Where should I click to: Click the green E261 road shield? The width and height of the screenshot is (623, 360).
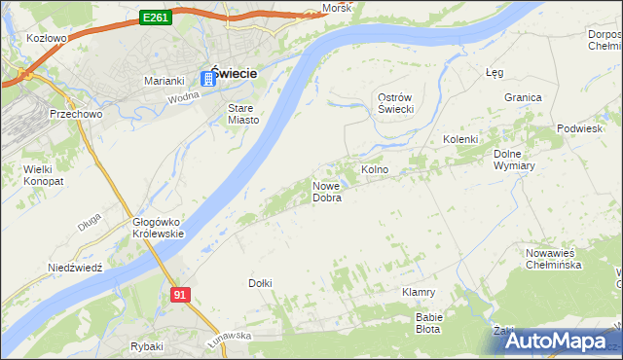tap(156, 18)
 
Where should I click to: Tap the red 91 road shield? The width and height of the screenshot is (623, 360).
tap(179, 294)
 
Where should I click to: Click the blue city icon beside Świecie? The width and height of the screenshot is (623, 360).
tap(206, 77)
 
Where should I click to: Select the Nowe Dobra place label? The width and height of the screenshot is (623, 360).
tap(327, 192)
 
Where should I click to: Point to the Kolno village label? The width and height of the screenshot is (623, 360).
tap(375, 170)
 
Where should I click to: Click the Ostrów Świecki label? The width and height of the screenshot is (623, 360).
tap(396, 102)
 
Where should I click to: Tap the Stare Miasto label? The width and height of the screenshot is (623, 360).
tap(243, 114)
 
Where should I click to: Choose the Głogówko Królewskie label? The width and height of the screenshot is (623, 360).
tap(158, 227)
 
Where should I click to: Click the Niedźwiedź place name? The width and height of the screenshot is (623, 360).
tap(75, 268)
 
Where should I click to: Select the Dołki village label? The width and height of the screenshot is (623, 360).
tap(260, 283)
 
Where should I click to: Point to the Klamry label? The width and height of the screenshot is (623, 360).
tap(419, 292)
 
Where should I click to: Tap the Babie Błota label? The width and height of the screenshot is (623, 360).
tap(429, 322)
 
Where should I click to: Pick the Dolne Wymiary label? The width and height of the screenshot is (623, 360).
tap(515, 160)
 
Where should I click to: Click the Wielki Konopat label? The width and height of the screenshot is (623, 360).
tap(38, 175)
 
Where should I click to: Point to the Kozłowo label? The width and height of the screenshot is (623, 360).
tap(47, 39)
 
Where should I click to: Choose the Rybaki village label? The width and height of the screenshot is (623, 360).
tap(146, 346)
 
